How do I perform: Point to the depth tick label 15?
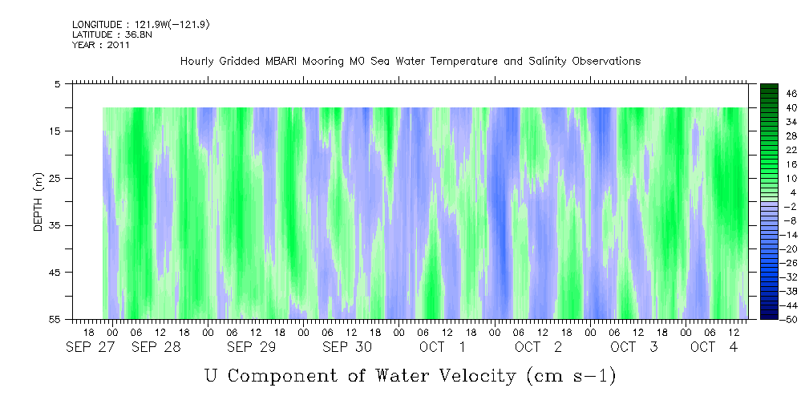(x=57, y=131)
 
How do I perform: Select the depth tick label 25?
(x=57, y=178)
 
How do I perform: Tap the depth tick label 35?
(x=57, y=225)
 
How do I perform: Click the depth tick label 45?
(x=57, y=273)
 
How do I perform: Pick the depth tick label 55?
(x=57, y=320)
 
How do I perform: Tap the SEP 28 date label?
(x=156, y=347)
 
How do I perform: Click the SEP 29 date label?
(x=251, y=347)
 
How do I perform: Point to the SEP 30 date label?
(x=346, y=347)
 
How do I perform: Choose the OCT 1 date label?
(x=443, y=347)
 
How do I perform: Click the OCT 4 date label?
(x=714, y=347)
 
